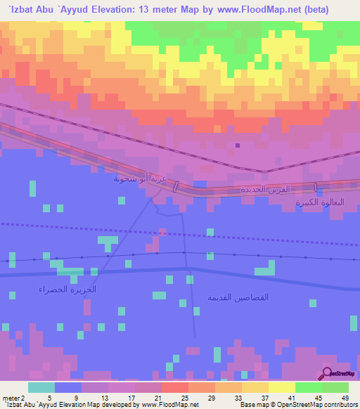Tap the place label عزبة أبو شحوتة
pyautogui.click(x=140, y=178)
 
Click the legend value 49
pyautogui.click(x=344, y=397)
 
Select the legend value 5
pyautogui.click(x=50, y=397)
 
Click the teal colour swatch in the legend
pyautogui.click(x=41, y=387)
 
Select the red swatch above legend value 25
pyautogui.click(x=174, y=387)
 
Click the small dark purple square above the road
pyautogui.click(x=238, y=145)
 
